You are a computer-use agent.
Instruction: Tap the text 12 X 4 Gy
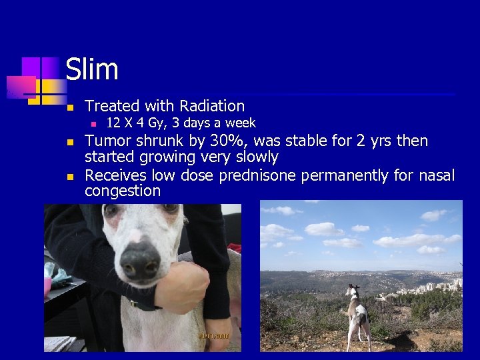tap(134, 123)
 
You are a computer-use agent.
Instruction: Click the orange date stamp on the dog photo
tap(213, 336)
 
